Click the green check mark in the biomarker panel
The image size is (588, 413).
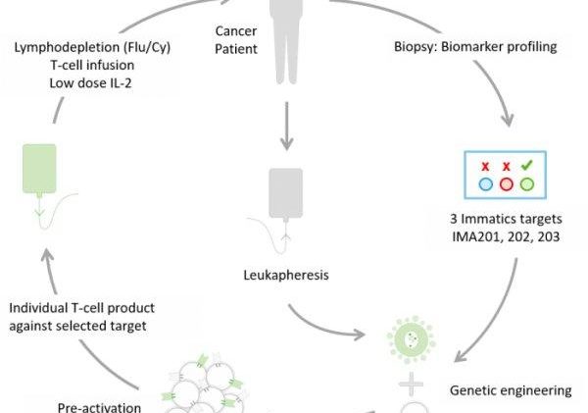click(527, 166)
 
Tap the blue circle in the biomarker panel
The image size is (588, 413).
click(485, 183)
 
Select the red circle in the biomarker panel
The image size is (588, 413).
click(507, 183)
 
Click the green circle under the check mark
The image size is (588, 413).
click(527, 183)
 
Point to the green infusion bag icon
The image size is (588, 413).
click(38, 167)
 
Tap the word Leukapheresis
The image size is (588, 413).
click(286, 276)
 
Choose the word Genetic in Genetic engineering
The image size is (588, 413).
click(472, 390)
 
